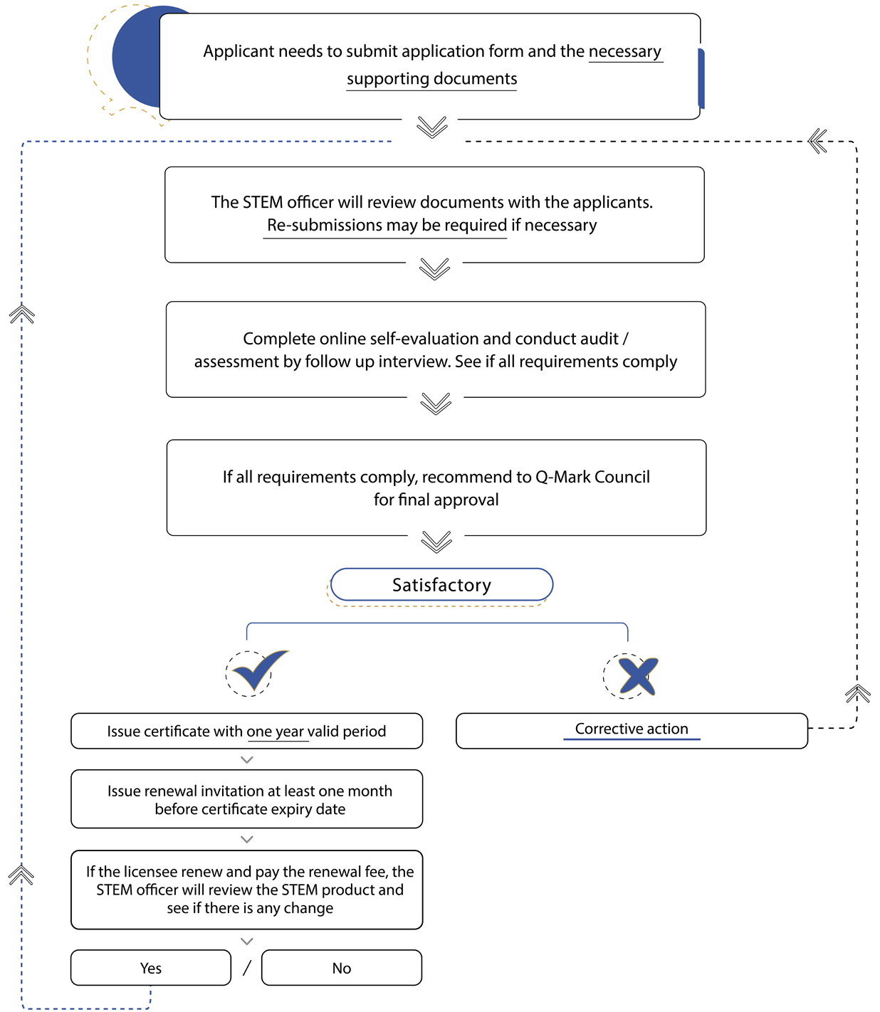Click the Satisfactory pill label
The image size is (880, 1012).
(441, 584)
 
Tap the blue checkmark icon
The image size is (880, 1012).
(260, 670)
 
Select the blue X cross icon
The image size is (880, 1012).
(638, 676)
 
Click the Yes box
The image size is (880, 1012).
(150, 967)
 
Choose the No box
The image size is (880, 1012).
(341, 967)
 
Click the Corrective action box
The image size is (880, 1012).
(632, 730)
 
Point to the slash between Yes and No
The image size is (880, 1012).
(247, 968)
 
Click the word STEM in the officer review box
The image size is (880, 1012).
(263, 202)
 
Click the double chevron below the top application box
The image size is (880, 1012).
(432, 127)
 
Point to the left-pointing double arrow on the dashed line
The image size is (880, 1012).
(817, 141)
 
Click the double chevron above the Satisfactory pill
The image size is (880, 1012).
(436, 542)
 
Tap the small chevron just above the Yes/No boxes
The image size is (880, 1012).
(247, 941)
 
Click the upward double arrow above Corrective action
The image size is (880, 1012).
(858, 693)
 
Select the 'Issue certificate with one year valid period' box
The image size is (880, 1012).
(246, 731)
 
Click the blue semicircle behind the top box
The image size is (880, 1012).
(135, 57)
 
